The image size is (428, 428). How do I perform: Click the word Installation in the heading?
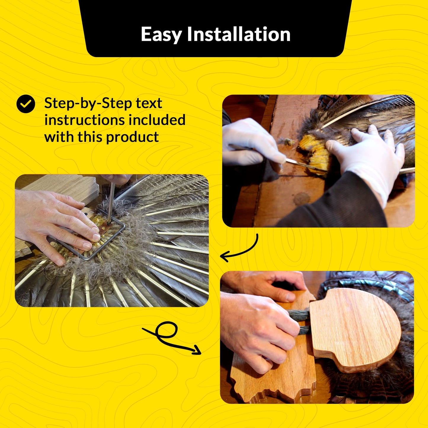pyautogui.click(x=238, y=34)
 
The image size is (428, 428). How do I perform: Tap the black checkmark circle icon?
pyautogui.click(x=26, y=104)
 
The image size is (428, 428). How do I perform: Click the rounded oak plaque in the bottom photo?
pyautogui.click(x=355, y=329)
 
